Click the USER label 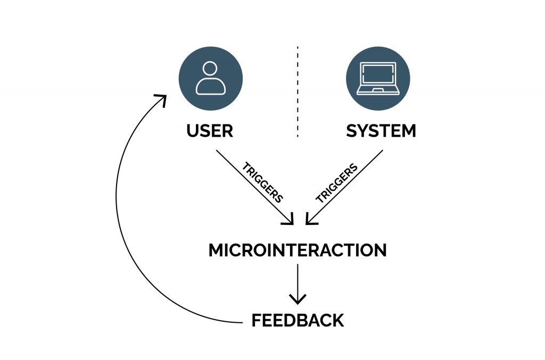coord(210,131)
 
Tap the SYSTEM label coord(381,131)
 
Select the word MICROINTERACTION coord(297,250)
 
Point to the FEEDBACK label coord(298,321)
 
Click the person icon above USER coord(211,78)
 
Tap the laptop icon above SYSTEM coord(378,78)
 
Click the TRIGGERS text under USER coord(262,181)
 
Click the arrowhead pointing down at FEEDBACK coord(298,299)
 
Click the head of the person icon coord(211,69)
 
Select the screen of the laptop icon coord(378,76)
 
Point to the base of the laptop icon coord(378,91)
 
